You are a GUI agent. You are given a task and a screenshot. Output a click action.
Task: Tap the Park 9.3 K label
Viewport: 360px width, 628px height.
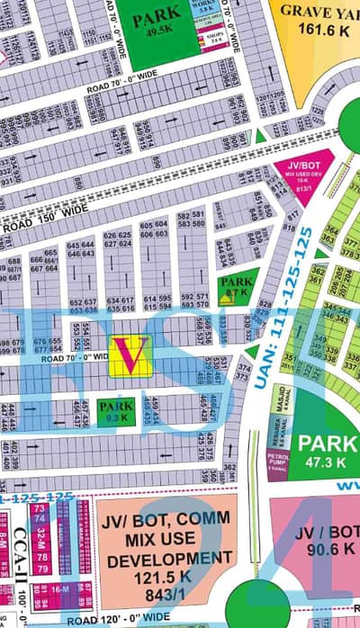point(116,411)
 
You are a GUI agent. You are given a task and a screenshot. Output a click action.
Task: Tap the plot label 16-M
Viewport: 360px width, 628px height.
point(61,588)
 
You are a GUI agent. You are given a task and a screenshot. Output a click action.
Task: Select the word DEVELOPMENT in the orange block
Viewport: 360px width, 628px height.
point(159,559)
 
